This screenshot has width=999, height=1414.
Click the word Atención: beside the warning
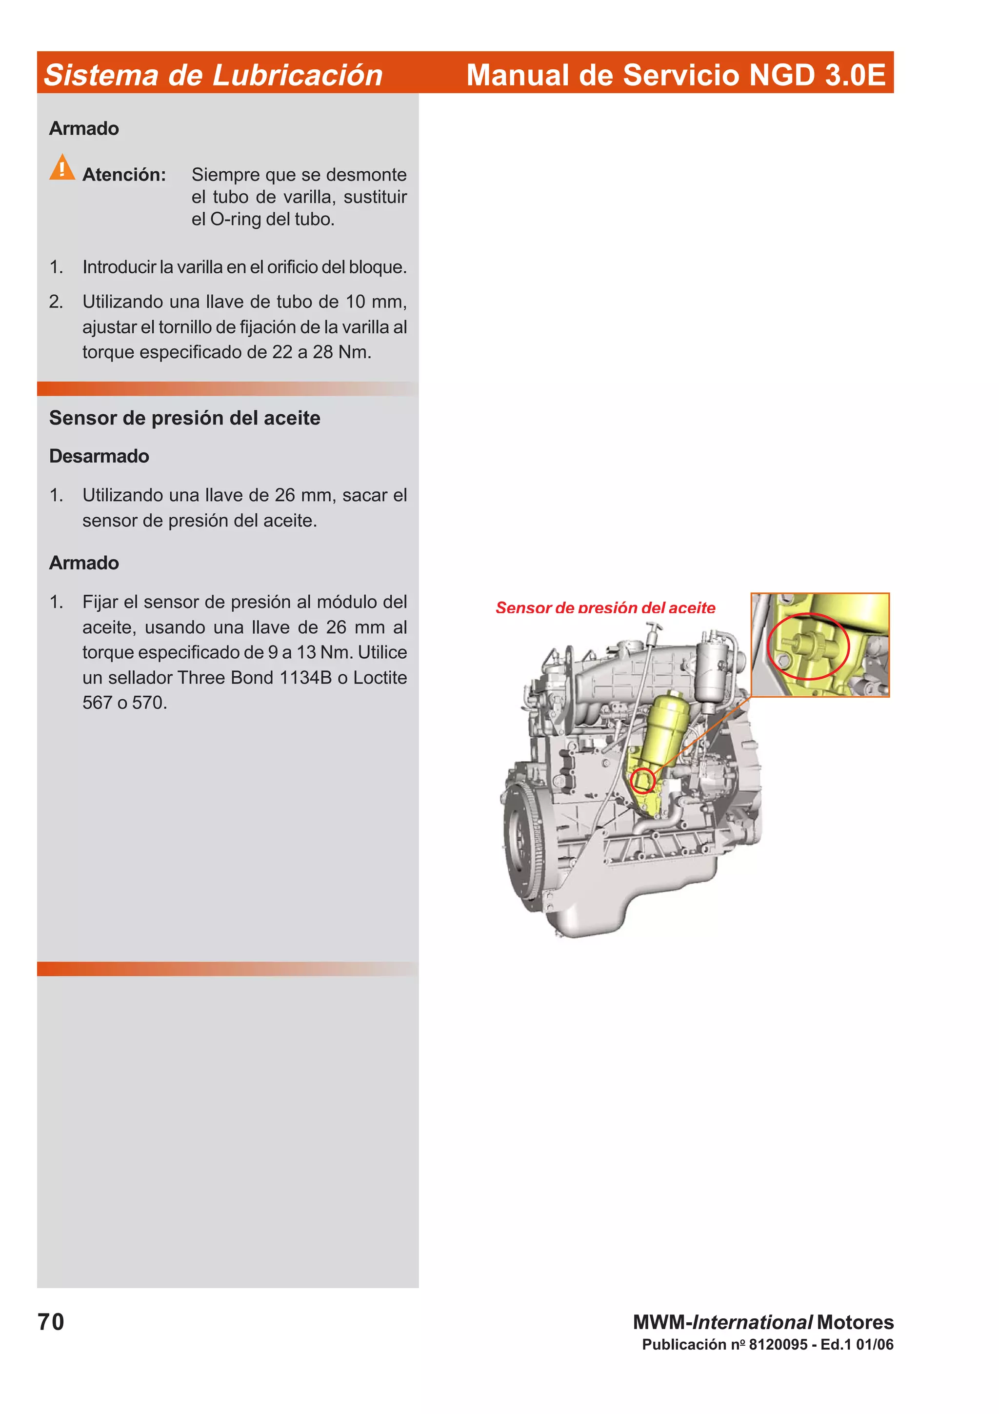pos(124,175)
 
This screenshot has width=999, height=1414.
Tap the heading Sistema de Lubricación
pos(213,75)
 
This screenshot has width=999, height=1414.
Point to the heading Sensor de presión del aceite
pos(185,418)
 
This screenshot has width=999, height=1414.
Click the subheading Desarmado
pos(99,456)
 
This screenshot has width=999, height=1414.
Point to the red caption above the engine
pos(605,607)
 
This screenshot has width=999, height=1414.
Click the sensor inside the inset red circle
pos(808,646)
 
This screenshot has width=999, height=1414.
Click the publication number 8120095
pos(778,1344)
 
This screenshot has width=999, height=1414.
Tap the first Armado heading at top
pos(84,128)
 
